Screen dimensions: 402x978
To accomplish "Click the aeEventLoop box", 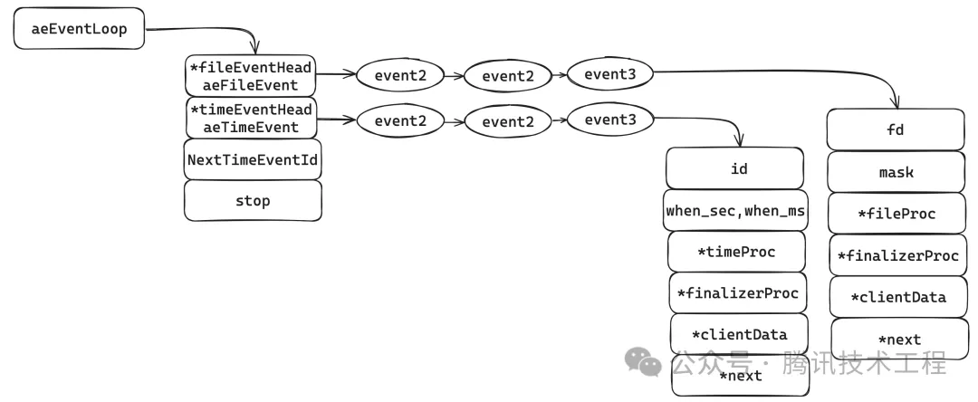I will pos(79,29).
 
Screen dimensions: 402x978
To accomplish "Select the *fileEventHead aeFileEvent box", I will pos(251,76).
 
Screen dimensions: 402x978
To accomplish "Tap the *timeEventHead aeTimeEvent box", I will pos(251,119).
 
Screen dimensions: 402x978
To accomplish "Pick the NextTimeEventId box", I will pos(253,159).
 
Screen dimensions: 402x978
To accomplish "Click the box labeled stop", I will pos(253,200).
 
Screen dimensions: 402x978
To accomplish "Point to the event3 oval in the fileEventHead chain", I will pos(609,74).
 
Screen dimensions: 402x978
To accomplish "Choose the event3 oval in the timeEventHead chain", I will pos(609,120).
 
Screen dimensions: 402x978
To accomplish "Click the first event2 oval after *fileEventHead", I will pos(400,75).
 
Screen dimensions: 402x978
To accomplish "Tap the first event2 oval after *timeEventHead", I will pos(400,120).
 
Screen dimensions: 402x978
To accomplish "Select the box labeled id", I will pos(735,168).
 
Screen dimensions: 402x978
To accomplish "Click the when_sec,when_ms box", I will pos(736,210).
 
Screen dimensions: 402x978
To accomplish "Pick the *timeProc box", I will pos(736,252).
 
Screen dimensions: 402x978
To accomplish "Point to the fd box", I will pos(896,129).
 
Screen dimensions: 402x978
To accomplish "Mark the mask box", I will pos(896,172).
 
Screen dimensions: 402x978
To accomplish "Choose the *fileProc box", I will pos(896,214).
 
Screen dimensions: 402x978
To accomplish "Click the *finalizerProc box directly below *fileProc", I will pos(896,255).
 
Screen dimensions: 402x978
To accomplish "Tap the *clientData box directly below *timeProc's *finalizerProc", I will pos(738,334).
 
